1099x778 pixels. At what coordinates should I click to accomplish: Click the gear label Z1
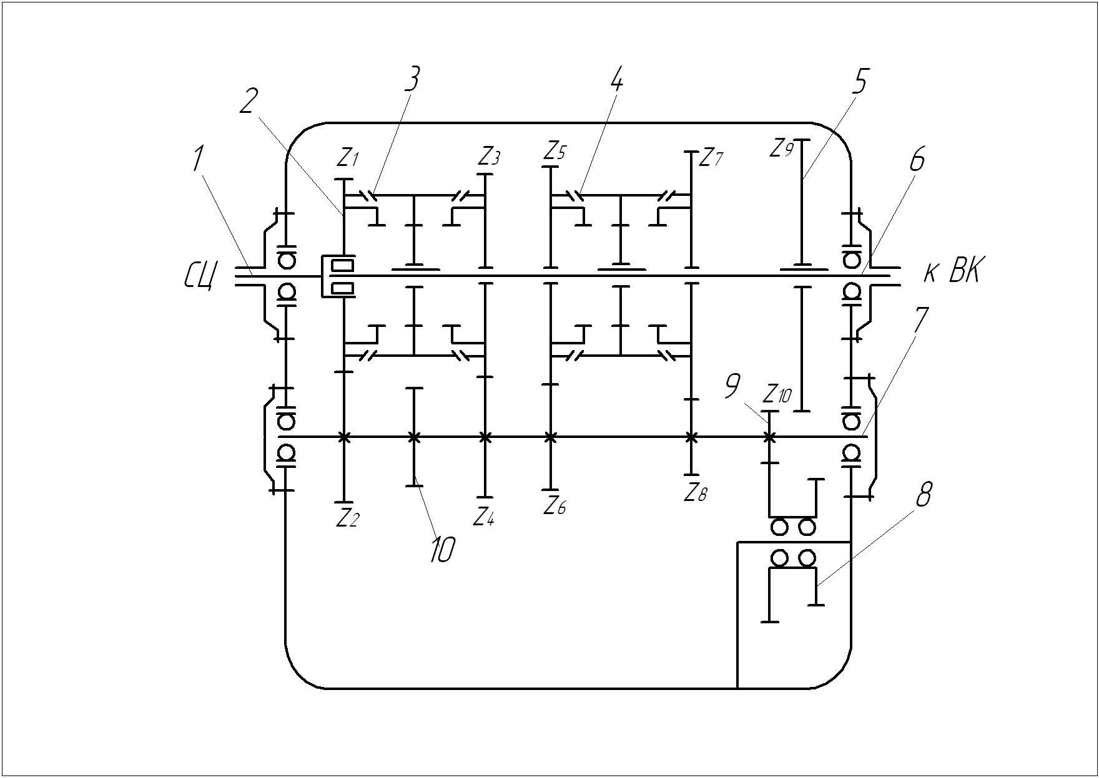pyautogui.click(x=348, y=158)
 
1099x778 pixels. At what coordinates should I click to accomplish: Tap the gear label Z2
pyautogui.click(x=348, y=517)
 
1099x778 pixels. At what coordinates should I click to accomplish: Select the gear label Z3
pyautogui.click(x=490, y=156)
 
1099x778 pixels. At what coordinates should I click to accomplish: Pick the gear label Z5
pyautogui.click(x=554, y=151)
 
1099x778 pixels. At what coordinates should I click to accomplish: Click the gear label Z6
pyautogui.click(x=554, y=506)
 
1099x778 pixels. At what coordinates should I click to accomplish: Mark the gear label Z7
pyautogui.click(x=711, y=158)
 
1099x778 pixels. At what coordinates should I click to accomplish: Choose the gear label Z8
pyautogui.click(x=696, y=494)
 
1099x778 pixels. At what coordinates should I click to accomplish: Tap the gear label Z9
pyautogui.click(x=781, y=148)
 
